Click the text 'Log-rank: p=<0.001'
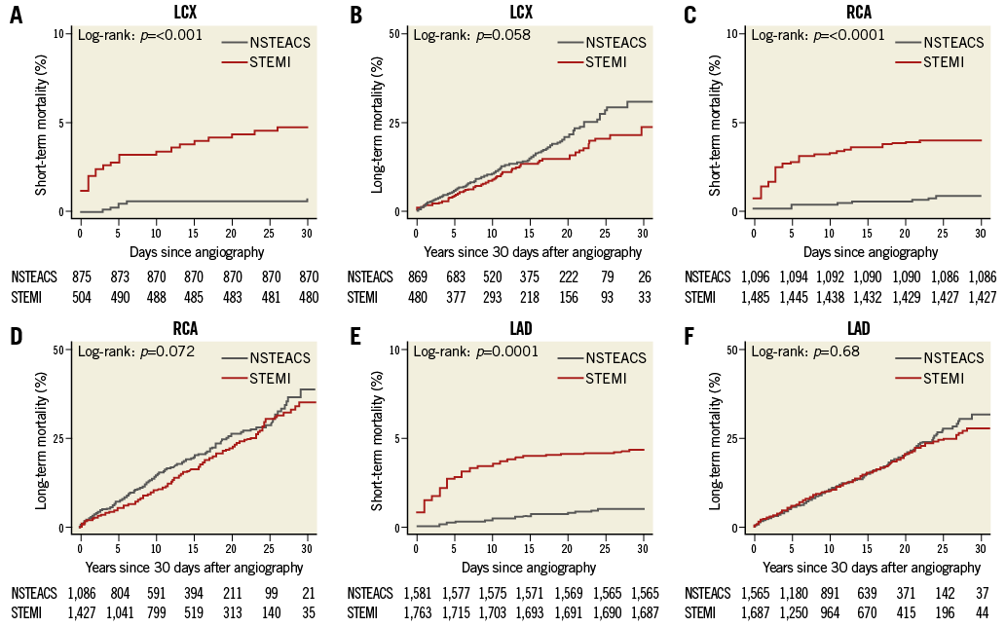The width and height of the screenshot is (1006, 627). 140,35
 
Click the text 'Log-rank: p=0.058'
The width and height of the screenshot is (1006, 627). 472,35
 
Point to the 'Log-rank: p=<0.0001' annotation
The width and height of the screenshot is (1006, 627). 818,35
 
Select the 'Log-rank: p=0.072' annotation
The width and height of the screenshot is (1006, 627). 136,350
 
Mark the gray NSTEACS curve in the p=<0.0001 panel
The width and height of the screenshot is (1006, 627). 857,202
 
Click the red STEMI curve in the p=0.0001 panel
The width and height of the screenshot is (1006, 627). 545,455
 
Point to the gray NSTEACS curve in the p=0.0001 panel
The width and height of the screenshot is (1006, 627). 545,515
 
